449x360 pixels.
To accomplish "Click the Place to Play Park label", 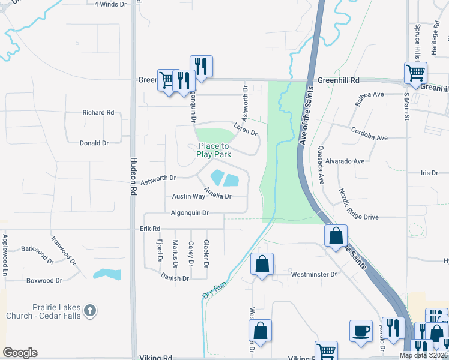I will pos(214,150).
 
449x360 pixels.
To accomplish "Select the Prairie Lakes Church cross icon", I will pos(89,311).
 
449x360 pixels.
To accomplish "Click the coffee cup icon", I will pos(361,331).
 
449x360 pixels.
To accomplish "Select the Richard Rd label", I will pos(98,112).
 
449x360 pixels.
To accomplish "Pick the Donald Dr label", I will pos(94,143).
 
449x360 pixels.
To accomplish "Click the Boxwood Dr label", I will pos(44,280).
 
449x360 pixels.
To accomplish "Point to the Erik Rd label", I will pos(150,229).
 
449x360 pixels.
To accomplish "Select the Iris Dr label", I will pos(430,173).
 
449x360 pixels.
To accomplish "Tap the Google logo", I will pos(20,353).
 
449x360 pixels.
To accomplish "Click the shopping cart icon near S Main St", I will pos(415,73).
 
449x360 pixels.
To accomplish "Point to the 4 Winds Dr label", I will pos(112,4).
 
